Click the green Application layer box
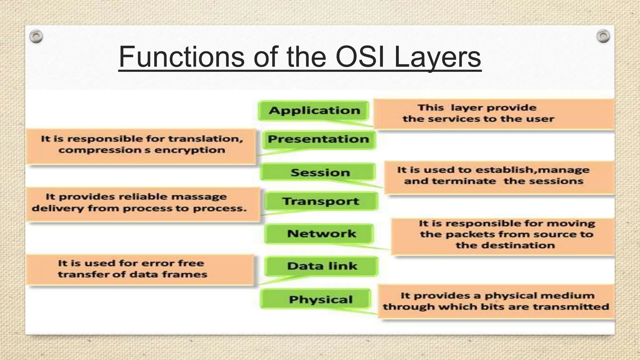pos(314,111)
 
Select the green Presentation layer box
pos(318,139)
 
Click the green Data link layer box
pos(322,266)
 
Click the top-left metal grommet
pos(36,37)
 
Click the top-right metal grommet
pos(603,36)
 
